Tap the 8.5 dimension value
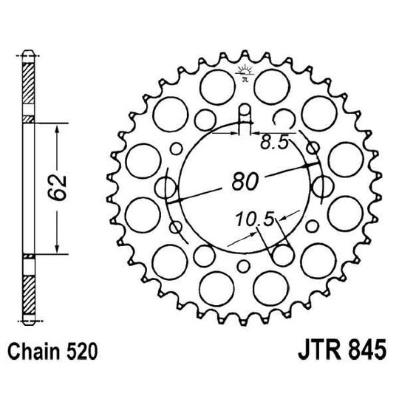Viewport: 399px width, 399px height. pos(274,143)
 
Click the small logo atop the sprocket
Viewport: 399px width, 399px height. pos(243,72)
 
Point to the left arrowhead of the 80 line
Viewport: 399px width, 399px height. pos(171,200)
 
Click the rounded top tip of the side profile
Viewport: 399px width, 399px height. pos(29,52)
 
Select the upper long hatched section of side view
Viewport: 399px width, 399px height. pos(29,84)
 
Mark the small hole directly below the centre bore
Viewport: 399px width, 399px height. pos(243,267)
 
